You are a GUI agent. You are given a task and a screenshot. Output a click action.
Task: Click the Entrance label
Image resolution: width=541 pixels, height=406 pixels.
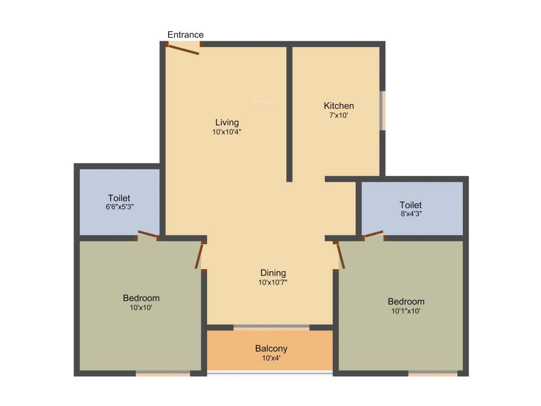(x=185, y=35)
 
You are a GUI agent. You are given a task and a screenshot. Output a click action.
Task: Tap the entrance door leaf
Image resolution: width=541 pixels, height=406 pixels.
(x=183, y=50)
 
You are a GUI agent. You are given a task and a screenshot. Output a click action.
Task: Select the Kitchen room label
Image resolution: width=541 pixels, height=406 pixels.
(x=339, y=106)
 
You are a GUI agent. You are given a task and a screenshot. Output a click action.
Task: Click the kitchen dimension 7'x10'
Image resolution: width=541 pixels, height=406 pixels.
(x=339, y=115)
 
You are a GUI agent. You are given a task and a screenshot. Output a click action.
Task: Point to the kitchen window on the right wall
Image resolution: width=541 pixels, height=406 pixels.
(x=383, y=110)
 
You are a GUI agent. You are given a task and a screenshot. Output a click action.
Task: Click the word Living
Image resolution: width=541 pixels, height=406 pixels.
(x=227, y=123)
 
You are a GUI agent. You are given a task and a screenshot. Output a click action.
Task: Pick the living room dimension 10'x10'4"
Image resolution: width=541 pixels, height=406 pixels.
(x=227, y=132)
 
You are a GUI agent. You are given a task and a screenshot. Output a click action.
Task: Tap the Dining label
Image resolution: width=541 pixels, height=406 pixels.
(x=273, y=273)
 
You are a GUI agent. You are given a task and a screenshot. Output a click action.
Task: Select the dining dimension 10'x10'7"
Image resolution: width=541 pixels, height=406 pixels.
(x=273, y=282)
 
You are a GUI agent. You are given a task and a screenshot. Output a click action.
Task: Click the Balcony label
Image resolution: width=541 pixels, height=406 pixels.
(x=271, y=348)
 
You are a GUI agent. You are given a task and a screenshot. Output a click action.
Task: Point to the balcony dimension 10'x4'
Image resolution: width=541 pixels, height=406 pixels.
(x=271, y=358)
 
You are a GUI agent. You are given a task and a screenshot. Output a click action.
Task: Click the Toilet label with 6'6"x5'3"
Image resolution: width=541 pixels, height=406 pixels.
(x=119, y=198)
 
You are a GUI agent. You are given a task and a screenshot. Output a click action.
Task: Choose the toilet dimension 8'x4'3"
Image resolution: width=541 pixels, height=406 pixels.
(x=411, y=214)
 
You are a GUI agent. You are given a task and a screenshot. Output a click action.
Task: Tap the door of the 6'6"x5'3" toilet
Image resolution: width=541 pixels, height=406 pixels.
(x=147, y=234)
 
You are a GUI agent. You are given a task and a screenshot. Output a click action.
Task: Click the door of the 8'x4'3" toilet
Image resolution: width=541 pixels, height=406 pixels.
(x=374, y=234)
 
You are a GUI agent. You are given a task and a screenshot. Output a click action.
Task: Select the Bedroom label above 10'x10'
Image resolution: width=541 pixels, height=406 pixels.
(x=141, y=298)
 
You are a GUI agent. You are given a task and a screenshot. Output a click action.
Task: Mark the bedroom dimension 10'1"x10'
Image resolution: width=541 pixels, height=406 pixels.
(x=406, y=311)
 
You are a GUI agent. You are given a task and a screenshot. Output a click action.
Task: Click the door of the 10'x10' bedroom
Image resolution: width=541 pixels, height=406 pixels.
(x=199, y=255)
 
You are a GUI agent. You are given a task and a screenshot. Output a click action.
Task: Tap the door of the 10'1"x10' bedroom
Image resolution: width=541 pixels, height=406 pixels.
(x=340, y=255)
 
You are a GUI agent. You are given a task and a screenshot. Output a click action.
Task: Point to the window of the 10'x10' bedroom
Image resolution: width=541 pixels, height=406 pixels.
(x=163, y=374)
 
